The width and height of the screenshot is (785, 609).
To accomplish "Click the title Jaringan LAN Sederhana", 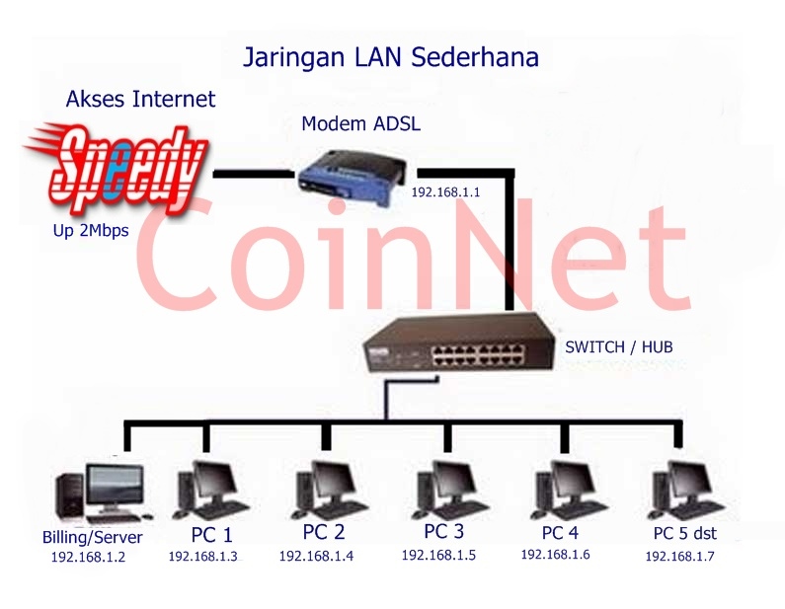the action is coord(391,57).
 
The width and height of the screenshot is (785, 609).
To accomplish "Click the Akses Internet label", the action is coord(140,99).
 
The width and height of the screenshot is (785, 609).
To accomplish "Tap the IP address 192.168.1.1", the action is coord(445,192).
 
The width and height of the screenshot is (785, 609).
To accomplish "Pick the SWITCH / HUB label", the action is coord(619,347).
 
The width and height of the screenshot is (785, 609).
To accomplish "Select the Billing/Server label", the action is coord(93,538).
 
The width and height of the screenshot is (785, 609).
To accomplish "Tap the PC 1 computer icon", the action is coord(207,488).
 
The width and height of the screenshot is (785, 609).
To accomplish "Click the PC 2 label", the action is coord(324,532).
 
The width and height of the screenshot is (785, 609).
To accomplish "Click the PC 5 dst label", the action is coord(684,534).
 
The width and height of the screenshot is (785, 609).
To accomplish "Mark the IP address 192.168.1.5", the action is coord(437,555).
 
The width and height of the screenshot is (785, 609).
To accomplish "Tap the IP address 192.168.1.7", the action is coord(679,557).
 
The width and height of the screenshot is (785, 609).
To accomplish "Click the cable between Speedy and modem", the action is coord(254,175).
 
